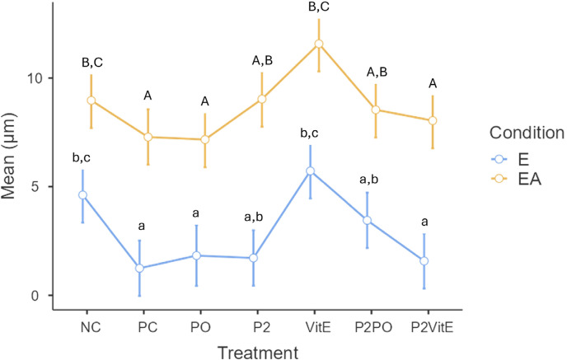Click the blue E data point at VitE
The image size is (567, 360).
(x=311, y=171)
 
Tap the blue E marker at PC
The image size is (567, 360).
(x=139, y=269)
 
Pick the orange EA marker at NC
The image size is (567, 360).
(x=91, y=101)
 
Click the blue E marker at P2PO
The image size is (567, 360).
(x=368, y=220)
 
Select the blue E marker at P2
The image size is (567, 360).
(x=254, y=258)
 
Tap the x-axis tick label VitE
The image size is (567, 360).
(x=311, y=325)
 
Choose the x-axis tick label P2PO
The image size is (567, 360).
(x=368, y=325)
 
